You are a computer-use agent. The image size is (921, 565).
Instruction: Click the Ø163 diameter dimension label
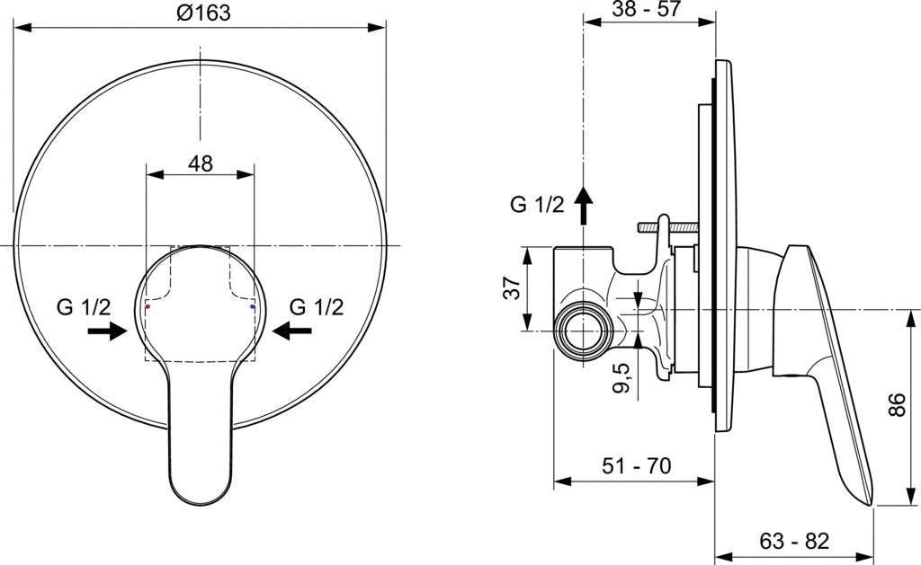(x=203, y=13)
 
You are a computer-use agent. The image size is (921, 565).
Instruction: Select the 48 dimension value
(x=201, y=163)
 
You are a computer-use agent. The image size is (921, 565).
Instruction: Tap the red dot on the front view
(x=148, y=306)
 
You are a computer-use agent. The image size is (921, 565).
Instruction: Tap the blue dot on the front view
(x=253, y=306)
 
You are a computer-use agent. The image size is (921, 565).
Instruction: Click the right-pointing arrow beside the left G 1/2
(x=108, y=331)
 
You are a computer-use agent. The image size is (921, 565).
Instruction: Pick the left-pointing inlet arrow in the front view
(x=292, y=331)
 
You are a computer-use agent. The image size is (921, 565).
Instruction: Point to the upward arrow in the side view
(x=583, y=206)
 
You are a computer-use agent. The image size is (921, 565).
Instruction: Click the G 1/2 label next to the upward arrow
(x=537, y=204)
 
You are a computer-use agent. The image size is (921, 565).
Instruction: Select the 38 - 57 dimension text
(x=646, y=9)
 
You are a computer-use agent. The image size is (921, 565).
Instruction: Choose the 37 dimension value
(x=512, y=287)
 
